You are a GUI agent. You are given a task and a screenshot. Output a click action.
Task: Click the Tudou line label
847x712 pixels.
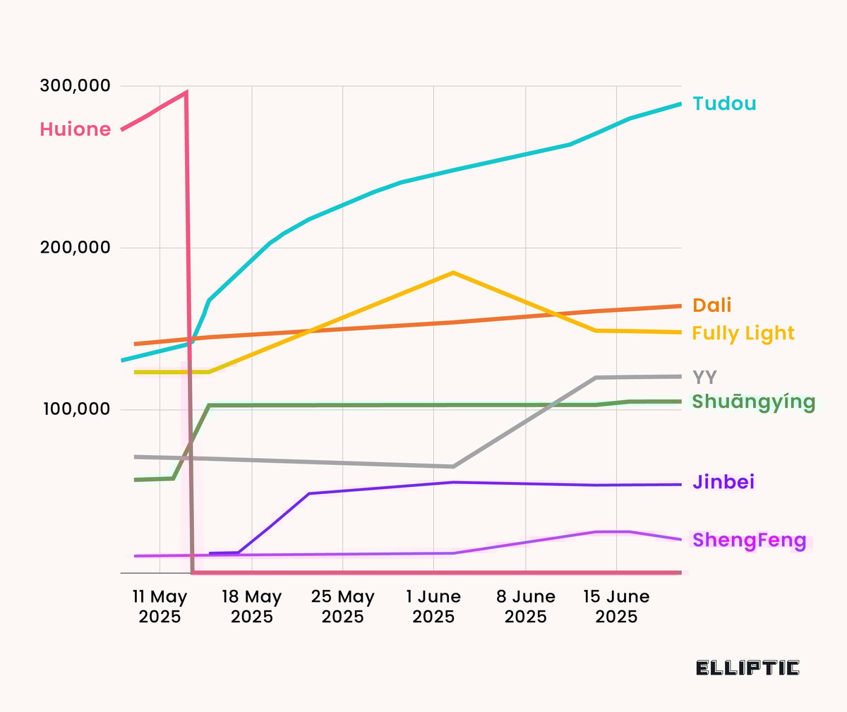click(x=724, y=104)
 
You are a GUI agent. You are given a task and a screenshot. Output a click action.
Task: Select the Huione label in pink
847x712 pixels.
click(x=76, y=129)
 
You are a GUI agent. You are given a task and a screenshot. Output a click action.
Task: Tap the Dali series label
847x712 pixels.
click(x=711, y=306)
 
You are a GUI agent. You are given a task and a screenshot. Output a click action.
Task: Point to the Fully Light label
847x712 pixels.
click(x=743, y=333)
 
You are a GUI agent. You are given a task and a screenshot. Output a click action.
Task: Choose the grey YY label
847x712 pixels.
click(x=704, y=378)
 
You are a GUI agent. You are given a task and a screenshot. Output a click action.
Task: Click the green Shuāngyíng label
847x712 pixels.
click(x=754, y=402)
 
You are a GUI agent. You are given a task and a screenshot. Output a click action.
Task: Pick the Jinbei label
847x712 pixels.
click(x=723, y=482)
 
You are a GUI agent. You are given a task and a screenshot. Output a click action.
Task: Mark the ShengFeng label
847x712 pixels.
click(x=749, y=541)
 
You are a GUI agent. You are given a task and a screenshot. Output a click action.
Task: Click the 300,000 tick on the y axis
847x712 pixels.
click(x=76, y=86)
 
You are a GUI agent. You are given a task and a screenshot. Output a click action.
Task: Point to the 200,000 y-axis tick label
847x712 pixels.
click(x=76, y=248)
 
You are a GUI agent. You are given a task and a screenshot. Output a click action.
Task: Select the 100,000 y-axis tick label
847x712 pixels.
click(x=76, y=409)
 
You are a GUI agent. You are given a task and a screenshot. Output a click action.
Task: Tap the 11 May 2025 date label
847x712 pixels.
click(x=160, y=607)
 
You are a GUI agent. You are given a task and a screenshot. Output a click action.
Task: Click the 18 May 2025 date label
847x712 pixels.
click(x=251, y=607)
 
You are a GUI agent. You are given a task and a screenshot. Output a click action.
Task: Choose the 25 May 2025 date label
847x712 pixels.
click(x=342, y=607)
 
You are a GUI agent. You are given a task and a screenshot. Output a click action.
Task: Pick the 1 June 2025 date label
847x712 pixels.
click(x=433, y=607)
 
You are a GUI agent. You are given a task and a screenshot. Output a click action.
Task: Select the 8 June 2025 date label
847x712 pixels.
click(x=525, y=607)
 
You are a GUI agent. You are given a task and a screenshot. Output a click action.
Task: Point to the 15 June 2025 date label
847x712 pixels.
click(x=616, y=607)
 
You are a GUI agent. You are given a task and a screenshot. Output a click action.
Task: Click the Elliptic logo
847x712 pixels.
click(x=747, y=668)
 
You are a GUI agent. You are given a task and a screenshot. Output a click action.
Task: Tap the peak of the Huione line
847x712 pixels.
click(x=186, y=92)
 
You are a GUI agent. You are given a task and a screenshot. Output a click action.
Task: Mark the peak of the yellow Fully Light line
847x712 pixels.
click(x=453, y=272)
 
